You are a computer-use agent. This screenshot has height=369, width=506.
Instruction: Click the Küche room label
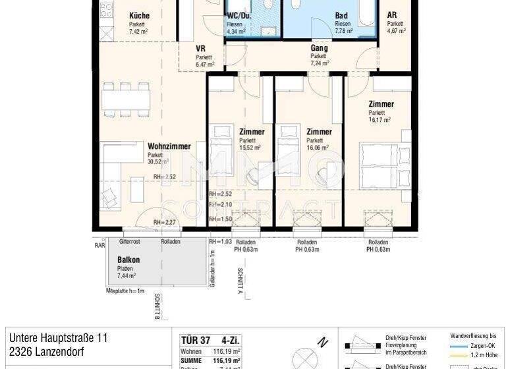point(139,15)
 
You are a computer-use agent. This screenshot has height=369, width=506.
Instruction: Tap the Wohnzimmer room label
point(169,146)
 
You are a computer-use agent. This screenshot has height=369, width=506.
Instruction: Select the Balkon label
point(128,260)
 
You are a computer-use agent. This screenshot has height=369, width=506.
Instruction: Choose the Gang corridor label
point(319,48)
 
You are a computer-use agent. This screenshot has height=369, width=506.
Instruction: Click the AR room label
point(391,15)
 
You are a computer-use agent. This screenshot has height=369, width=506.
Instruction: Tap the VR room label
point(201,49)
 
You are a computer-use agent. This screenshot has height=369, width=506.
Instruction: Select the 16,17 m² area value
point(379,120)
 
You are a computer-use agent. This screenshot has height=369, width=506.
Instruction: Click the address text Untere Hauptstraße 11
point(58,337)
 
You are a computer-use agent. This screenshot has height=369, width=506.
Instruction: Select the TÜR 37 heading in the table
point(195,340)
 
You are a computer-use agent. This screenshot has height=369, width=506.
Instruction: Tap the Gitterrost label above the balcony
point(130,242)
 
